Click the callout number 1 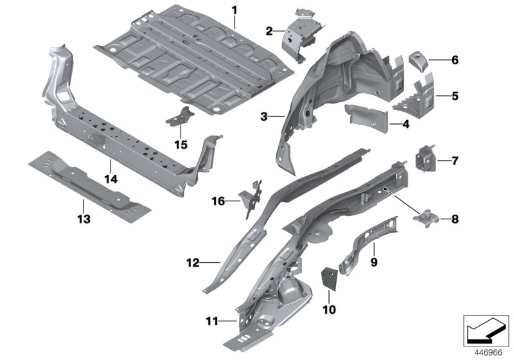(x=235, y=10)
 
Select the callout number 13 (x=84, y=219)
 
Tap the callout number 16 (x=218, y=201)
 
